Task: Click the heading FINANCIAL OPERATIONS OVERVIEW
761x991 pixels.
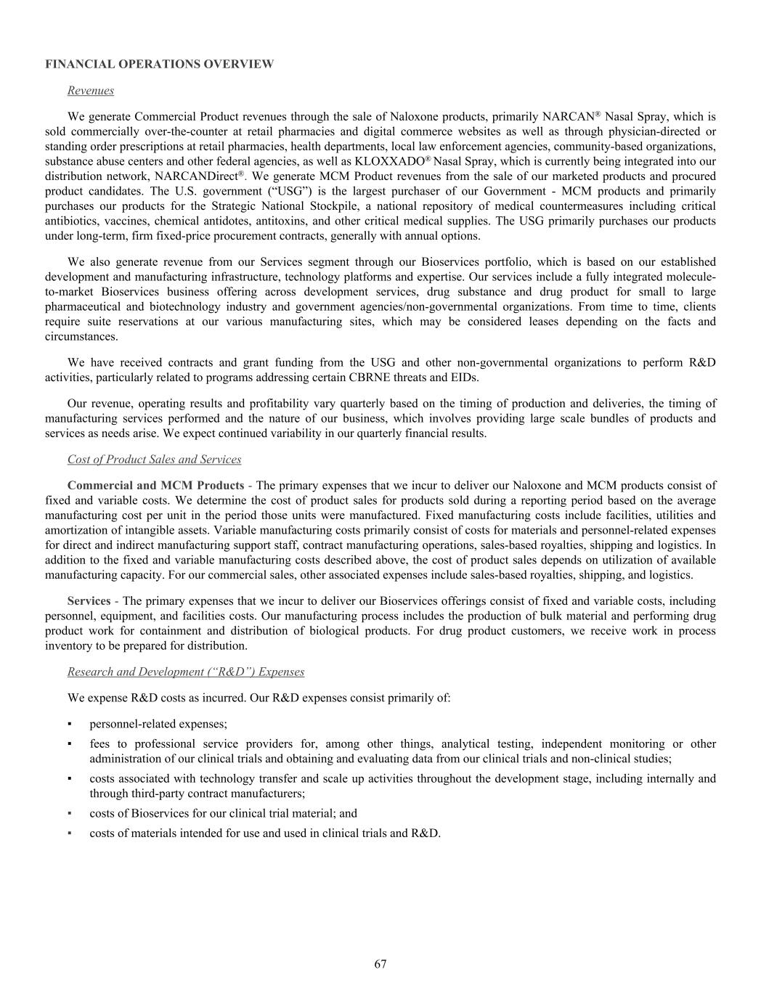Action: click(x=160, y=64)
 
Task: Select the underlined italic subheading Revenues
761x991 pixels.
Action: click(x=90, y=91)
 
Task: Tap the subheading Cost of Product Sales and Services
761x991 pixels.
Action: click(x=154, y=460)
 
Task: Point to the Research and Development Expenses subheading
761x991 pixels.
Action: click(x=185, y=672)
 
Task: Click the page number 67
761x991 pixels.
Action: click(x=380, y=963)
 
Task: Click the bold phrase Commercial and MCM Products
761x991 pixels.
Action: click(x=155, y=486)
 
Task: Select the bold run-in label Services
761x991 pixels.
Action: click(x=89, y=601)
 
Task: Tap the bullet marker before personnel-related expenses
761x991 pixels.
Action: click(x=70, y=724)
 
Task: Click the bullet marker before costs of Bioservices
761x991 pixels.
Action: click(x=70, y=813)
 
